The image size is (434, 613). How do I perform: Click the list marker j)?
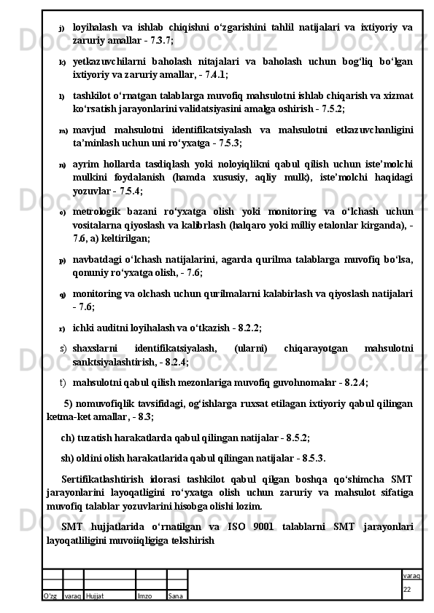tap(62, 28)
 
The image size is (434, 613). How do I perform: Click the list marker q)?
tap(62, 294)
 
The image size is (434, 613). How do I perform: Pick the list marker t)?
tap(63, 381)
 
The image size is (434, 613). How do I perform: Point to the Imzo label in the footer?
tap(144, 596)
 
